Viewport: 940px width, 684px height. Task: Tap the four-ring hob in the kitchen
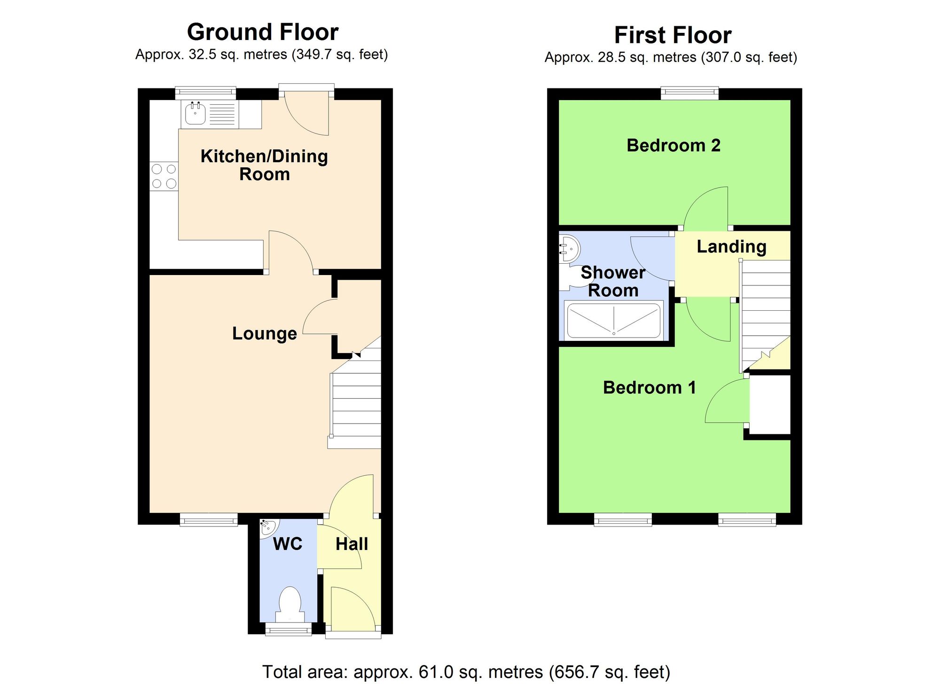click(164, 176)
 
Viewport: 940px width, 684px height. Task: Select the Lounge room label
click(265, 334)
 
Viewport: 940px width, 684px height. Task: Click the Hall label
click(352, 544)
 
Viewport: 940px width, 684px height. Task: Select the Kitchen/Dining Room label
click(264, 165)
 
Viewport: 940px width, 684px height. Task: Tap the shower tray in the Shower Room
click(614, 321)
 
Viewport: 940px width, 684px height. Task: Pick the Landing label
click(731, 247)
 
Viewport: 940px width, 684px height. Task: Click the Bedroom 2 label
click(673, 146)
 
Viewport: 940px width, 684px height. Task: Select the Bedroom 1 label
click(649, 388)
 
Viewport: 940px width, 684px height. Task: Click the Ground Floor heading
click(263, 32)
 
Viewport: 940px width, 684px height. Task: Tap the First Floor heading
click(673, 35)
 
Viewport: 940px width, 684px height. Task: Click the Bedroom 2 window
click(689, 93)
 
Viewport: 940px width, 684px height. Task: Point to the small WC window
click(288, 629)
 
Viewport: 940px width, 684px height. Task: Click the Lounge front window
click(209, 519)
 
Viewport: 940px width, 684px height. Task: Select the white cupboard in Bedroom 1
click(769, 404)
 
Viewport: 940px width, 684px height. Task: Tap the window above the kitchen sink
click(205, 93)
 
